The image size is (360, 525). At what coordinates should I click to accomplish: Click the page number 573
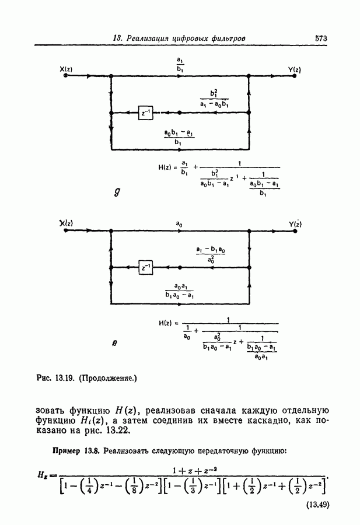click(x=320, y=38)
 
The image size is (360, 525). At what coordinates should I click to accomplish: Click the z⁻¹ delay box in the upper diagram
click(x=145, y=113)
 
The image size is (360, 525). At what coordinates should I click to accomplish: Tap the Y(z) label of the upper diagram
click(x=294, y=70)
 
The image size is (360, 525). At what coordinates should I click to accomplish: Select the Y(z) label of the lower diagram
click(x=295, y=224)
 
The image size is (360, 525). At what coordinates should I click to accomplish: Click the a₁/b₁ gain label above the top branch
click(x=180, y=63)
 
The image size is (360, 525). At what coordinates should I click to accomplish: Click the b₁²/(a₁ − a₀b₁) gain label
click(x=213, y=98)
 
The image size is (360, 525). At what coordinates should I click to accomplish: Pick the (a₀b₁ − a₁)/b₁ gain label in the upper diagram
click(x=180, y=136)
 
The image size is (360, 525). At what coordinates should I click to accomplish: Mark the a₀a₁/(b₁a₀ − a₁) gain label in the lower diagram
click(x=179, y=290)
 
